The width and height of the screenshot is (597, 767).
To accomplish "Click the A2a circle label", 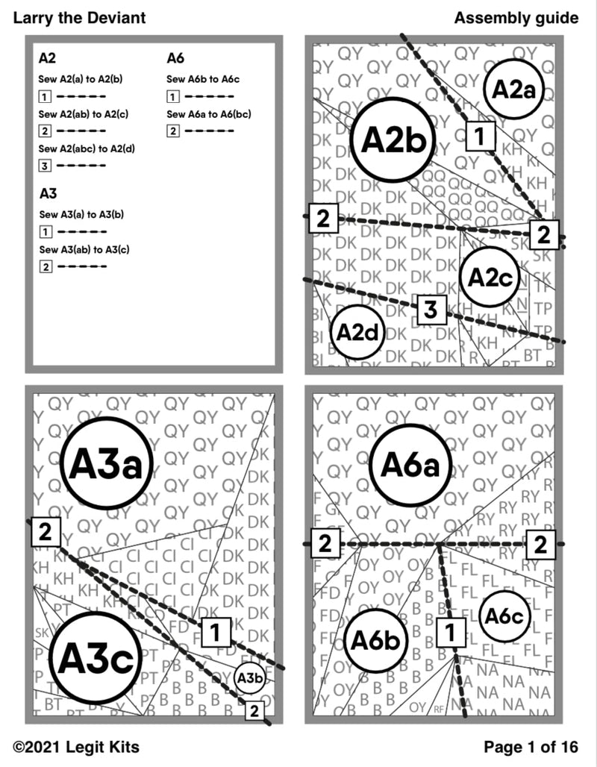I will (x=514, y=89).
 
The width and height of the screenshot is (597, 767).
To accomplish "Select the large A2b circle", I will (x=393, y=140).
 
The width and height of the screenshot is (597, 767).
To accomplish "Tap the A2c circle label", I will (x=489, y=277).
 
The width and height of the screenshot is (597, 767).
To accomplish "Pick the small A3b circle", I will (x=250, y=677).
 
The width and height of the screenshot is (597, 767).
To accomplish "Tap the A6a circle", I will (x=410, y=466).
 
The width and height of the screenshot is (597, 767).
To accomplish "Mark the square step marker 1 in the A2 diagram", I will (x=481, y=137).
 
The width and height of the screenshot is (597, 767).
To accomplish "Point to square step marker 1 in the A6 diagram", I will (x=450, y=633).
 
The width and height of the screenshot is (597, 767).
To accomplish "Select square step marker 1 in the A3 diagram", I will (x=215, y=632).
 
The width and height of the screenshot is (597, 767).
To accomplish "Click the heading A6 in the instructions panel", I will (x=175, y=58).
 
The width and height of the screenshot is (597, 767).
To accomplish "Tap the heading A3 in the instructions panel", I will (x=48, y=194).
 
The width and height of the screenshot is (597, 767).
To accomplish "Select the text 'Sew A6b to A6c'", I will (x=202, y=79).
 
